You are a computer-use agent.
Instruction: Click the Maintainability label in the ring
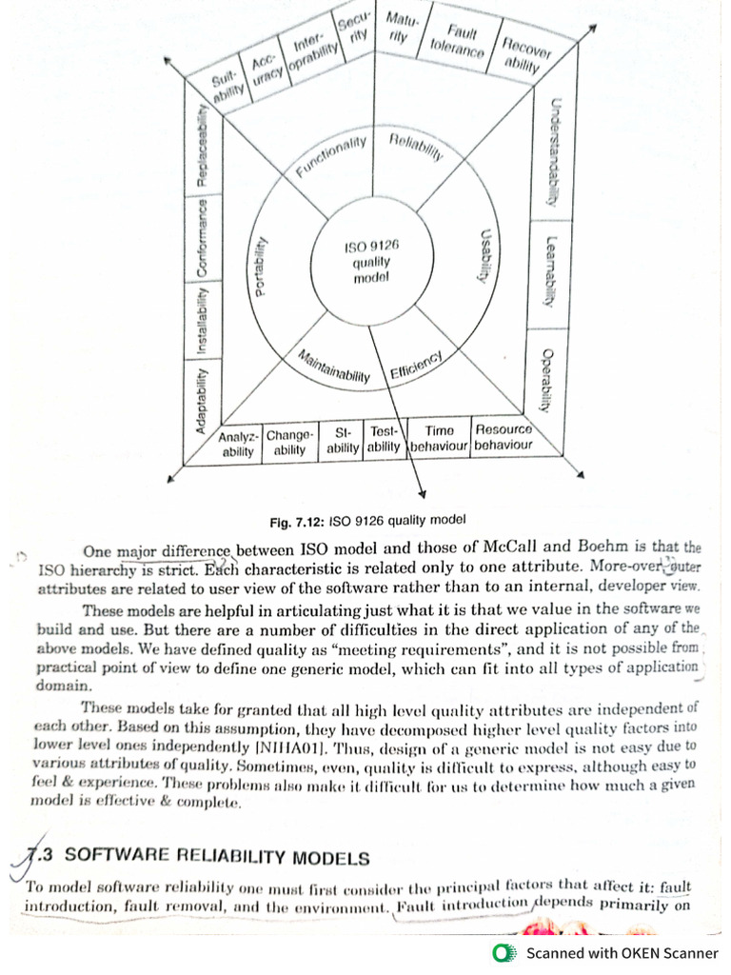(x=333, y=367)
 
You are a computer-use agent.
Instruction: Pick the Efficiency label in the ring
(x=416, y=367)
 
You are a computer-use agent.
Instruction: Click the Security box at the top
(x=352, y=29)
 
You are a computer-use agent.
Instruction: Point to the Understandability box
(x=553, y=152)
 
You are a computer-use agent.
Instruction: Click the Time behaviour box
(x=439, y=439)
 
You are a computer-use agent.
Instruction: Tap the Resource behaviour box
(x=504, y=437)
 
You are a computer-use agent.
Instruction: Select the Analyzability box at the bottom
(x=238, y=445)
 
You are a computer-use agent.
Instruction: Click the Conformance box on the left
(x=202, y=238)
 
